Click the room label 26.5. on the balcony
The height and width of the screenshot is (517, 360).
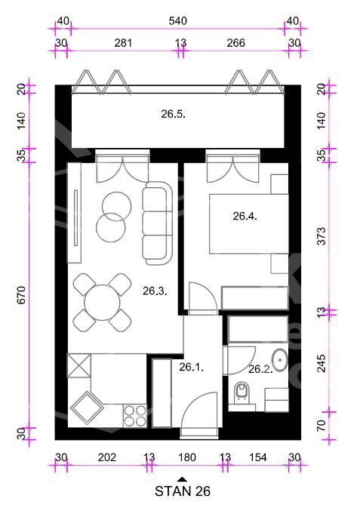pyautogui.click(x=173, y=114)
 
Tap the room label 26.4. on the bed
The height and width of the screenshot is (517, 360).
pyautogui.click(x=245, y=217)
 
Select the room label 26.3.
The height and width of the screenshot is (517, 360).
pyautogui.click(x=155, y=291)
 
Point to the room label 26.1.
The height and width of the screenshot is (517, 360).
pyautogui.click(x=191, y=368)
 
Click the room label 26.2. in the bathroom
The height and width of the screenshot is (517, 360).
pyautogui.click(x=260, y=369)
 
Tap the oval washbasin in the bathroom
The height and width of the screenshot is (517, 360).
pyautogui.click(x=279, y=360)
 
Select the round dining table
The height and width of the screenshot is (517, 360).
pyautogui.click(x=102, y=303)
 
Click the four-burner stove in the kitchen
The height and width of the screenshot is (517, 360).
pyautogui.click(x=135, y=416)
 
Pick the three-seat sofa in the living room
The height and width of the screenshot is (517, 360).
pyautogui.click(x=158, y=223)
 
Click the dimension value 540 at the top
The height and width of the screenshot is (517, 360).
pyautogui.click(x=178, y=21)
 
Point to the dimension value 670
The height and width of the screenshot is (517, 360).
pyautogui.click(x=21, y=295)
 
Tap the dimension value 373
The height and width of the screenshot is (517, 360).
pyautogui.click(x=321, y=236)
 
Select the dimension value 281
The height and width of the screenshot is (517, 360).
pyautogui.click(x=123, y=43)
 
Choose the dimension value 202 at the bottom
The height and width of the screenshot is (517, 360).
pyautogui.click(x=107, y=457)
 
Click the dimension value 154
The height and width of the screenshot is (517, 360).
pyautogui.click(x=258, y=457)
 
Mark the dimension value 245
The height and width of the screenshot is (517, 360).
pyautogui.click(x=321, y=363)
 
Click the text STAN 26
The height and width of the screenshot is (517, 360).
pyautogui.click(x=183, y=491)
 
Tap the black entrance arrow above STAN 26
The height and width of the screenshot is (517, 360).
pyautogui.click(x=182, y=480)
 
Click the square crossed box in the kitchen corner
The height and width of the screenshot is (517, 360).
pyautogui.click(x=79, y=365)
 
